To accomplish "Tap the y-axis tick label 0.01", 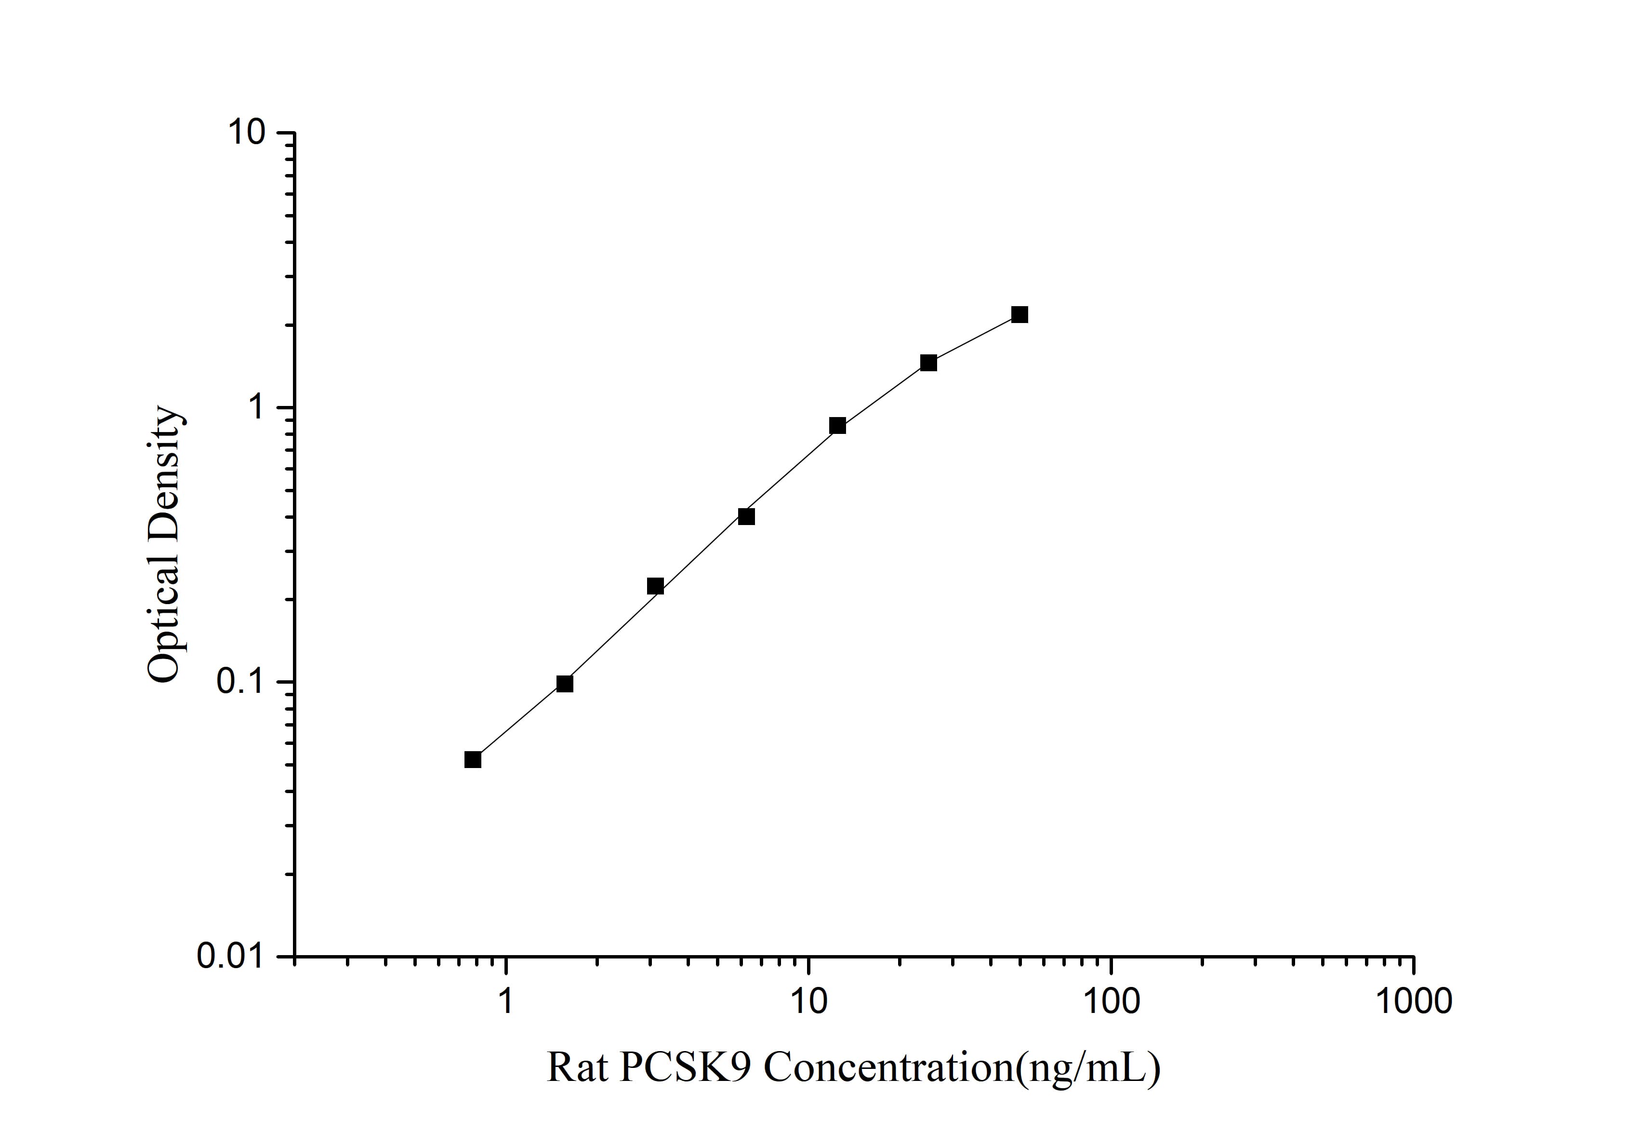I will coord(231,957).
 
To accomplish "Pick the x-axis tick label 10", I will coord(808,1002).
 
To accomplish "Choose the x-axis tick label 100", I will coord(1111,1002).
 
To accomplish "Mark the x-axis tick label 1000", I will coord(1413,1002).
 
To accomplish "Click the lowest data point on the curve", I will coord(473,759).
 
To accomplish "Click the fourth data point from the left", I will coord(746,517).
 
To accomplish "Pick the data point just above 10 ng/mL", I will coord(837,426).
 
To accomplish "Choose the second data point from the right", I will coord(928,363).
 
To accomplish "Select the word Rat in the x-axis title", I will coord(576,1068).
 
